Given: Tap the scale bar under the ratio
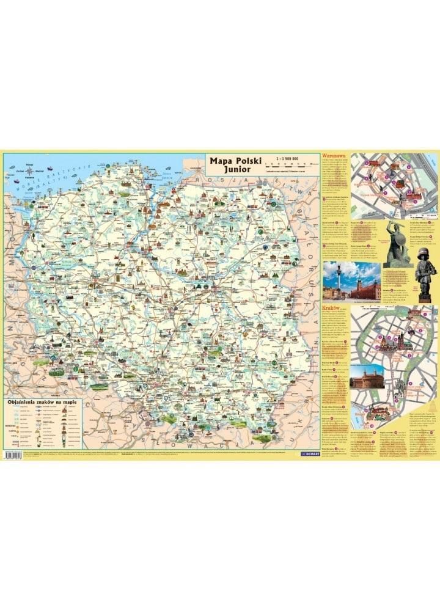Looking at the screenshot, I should click(291, 164).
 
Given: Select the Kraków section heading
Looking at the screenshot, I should click(331, 310).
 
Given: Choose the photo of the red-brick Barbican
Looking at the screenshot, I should click(367, 376).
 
